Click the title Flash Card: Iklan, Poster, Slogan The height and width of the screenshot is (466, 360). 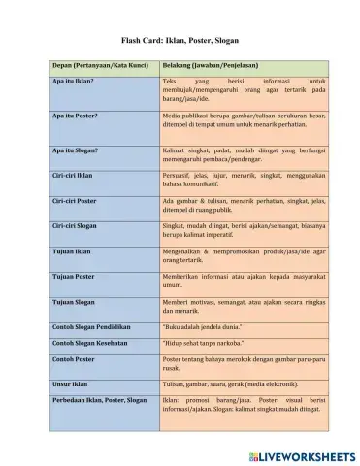coord(180,41)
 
